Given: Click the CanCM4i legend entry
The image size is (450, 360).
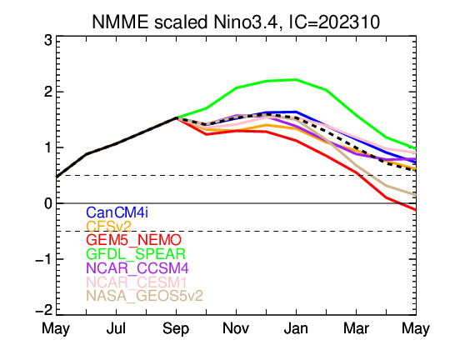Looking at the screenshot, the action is click(117, 212).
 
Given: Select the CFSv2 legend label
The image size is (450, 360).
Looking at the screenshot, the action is click(109, 227).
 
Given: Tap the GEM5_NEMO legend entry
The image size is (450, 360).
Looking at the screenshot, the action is click(133, 240).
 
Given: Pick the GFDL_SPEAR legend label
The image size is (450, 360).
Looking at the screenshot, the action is click(136, 254).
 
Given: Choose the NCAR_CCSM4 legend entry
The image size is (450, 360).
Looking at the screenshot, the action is click(137, 268).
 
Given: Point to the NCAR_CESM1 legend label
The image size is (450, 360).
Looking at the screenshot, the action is click(137, 282).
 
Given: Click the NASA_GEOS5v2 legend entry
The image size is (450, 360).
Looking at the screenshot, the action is click(145, 296).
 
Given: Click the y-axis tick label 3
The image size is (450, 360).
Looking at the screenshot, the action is click(48, 41).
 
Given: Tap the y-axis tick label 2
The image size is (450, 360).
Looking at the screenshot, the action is click(48, 92).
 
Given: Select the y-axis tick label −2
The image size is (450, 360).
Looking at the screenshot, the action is click(44, 310).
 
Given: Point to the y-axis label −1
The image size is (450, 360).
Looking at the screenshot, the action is click(44, 259).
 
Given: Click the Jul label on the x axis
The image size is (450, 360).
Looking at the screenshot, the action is click(116, 328).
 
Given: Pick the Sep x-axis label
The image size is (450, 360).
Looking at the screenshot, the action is click(176, 329).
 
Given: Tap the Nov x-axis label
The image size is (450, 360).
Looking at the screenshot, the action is click(236, 328).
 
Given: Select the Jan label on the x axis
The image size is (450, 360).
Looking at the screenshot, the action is click(296, 328).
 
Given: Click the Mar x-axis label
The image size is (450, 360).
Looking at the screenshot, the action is click(356, 328).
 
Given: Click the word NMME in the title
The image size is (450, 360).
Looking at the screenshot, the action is click(120, 22).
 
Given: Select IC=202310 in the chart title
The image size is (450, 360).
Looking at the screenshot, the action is click(333, 22).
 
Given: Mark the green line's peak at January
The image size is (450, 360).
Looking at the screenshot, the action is click(296, 79).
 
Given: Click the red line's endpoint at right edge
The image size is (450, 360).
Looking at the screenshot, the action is click(416, 210).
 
